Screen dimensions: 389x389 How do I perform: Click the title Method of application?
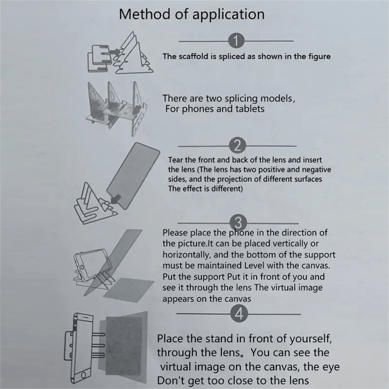coord(191,14)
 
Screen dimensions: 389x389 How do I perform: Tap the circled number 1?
coord(236,41)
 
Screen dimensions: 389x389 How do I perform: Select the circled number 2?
coord(237,146)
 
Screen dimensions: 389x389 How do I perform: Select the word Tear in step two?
coord(175,160)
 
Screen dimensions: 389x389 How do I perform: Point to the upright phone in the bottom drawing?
coord(83,348)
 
